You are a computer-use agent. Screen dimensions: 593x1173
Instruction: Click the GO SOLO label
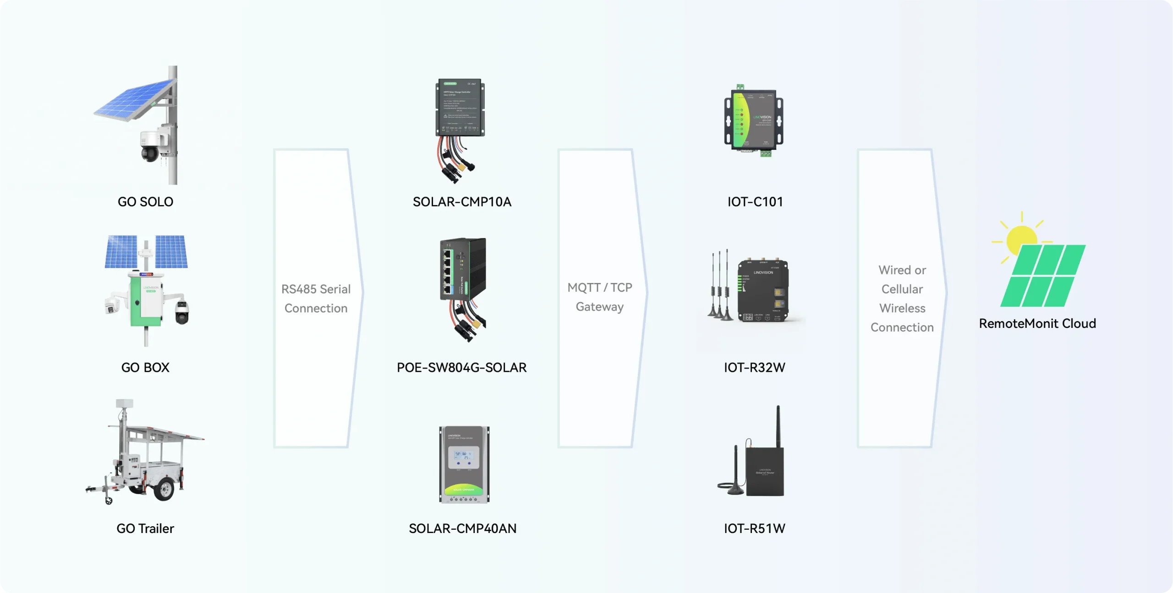[145, 202]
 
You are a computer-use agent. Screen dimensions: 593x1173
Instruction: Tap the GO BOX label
[145, 368]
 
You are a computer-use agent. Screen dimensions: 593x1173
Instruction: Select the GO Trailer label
[145, 528]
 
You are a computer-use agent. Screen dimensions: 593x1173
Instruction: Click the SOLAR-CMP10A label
[462, 202]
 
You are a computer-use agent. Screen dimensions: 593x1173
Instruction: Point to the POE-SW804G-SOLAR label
[462, 368]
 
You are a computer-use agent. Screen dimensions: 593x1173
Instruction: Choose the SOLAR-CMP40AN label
[462, 528]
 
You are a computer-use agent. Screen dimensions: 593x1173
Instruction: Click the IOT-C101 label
[755, 202]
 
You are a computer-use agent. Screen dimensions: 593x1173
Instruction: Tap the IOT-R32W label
[754, 368]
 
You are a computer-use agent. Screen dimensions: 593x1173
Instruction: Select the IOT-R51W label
[754, 528]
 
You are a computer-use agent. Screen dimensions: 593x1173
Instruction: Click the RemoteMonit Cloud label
[1037, 324]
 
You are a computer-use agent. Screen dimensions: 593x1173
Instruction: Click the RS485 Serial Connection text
[316, 299]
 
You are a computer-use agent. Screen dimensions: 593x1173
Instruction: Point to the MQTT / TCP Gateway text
[599, 297]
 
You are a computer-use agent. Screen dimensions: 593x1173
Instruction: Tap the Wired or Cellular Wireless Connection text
[902, 299]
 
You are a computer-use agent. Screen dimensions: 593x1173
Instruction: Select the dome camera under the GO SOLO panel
[150, 151]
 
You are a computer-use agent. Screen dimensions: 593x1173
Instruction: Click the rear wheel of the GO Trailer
[164, 489]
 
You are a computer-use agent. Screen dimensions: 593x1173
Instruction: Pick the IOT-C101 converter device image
[754, 120]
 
